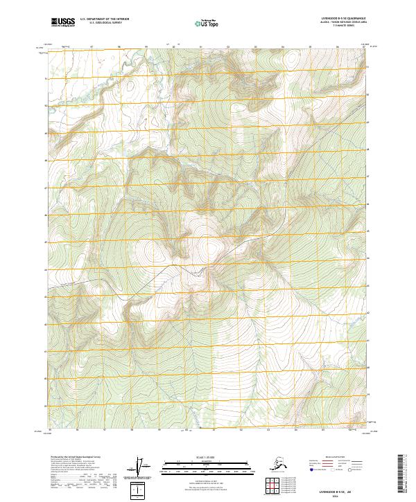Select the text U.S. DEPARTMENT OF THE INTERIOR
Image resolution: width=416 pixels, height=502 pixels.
tap(104, 20)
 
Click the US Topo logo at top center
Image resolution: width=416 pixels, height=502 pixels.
tap(207, 23)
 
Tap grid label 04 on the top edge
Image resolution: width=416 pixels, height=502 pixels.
tap(281, 47)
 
